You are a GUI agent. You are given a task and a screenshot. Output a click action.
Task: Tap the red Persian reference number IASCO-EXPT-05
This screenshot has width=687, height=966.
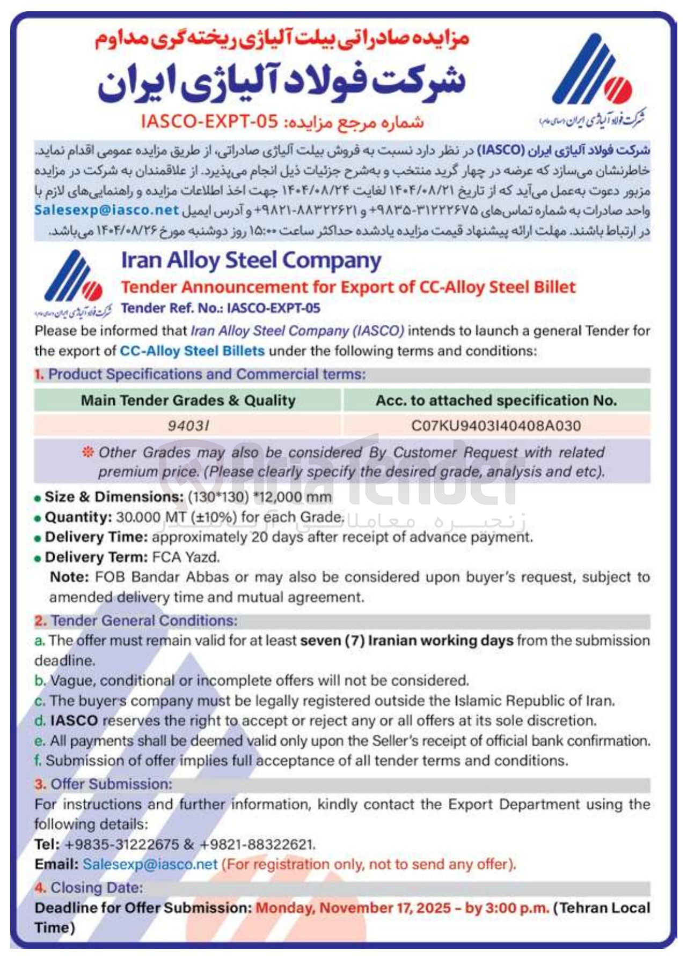tap(209, 122)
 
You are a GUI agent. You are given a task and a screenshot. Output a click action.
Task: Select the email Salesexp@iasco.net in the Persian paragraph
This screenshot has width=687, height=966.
tap(106, 210)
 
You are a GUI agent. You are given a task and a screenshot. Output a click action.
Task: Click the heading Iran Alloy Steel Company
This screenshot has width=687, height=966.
tap(251, 261)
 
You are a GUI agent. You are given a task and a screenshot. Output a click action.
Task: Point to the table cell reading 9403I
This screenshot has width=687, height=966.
tap(188, 426)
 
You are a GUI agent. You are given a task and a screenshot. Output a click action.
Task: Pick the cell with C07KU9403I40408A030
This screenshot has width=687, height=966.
tap(496, 426)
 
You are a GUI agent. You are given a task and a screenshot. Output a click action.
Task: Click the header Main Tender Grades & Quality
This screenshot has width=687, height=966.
tap(188, 400)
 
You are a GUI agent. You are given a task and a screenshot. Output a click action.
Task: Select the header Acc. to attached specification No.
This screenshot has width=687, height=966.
tap(496, 400)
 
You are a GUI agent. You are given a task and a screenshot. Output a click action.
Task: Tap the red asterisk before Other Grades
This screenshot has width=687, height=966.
tap(87, 452)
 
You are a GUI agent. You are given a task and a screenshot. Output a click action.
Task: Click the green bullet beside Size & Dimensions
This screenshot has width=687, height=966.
tap(38, 498)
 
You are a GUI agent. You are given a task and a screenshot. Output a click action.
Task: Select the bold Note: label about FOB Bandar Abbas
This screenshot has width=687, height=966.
tap(69, 577)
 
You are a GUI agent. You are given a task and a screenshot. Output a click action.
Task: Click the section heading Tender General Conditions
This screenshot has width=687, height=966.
tap(144, 621)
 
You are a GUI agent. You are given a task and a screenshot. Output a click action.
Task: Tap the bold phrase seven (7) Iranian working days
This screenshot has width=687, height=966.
tap(406, 641)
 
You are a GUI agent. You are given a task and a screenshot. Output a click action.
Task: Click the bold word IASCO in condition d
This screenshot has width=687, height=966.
tap(74, 721)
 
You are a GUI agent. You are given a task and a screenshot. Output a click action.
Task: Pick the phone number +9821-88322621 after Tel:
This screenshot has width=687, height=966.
tap(257, 845)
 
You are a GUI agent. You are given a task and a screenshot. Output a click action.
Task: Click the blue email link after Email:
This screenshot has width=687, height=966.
tap(150, 865)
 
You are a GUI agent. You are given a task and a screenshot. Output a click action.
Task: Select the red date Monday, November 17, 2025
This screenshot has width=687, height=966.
tap(353, 908)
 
